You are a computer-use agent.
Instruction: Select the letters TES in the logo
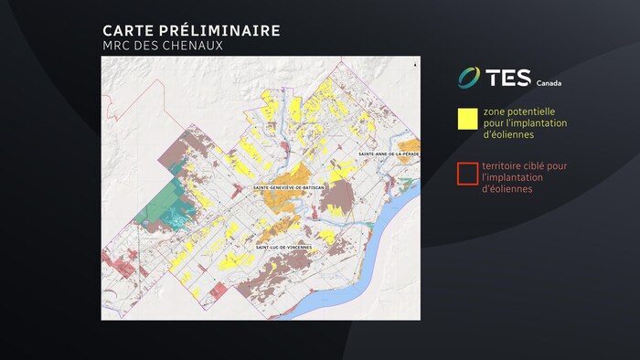point(508,78)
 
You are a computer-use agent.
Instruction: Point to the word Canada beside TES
point(549,82)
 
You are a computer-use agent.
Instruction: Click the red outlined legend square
point(468,173)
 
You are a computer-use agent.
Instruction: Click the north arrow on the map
point(414,66)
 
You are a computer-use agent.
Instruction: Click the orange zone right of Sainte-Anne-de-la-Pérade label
point(411,145)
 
